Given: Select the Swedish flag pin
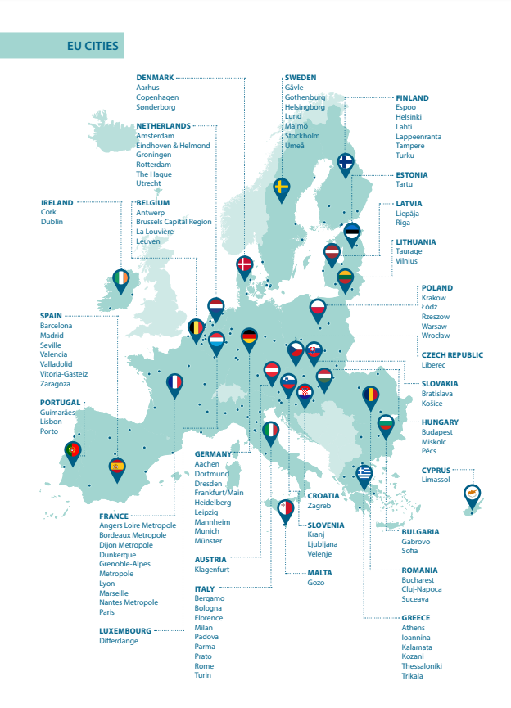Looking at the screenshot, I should pyautogui.click(x=282, y=188).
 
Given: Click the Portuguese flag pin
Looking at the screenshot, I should pyautogui.click(x=73, y=450).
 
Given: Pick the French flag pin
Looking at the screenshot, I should pyautogui.click(x=174, y=382).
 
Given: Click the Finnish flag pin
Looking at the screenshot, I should pyautogui.click(x=346, y=162).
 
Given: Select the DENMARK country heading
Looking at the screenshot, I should pyautogui.click(x=155, y=78).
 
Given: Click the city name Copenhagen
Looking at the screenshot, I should pyautogui.click(x=157, y=97).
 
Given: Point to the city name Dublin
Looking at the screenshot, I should pyautogui.click(x=52, y=222).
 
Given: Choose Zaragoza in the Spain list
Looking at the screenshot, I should pyautogui.click(x=56, y=383).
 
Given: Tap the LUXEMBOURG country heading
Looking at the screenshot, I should pyautogui.click(x=125, y=631).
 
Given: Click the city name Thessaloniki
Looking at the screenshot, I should pyautogui.click(x=422, y=666).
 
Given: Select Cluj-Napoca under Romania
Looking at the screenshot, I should pyautogui.click(x=422, y=589).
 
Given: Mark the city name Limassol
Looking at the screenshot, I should pyautogui.click(x=436, y=480).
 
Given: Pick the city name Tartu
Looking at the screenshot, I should pyautogui.click(x=405, y=184).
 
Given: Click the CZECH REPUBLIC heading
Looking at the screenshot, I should pyautogui.click(x=452, y=355).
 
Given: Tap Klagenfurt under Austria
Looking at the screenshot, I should pyautogui.click(x=212, y=570).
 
